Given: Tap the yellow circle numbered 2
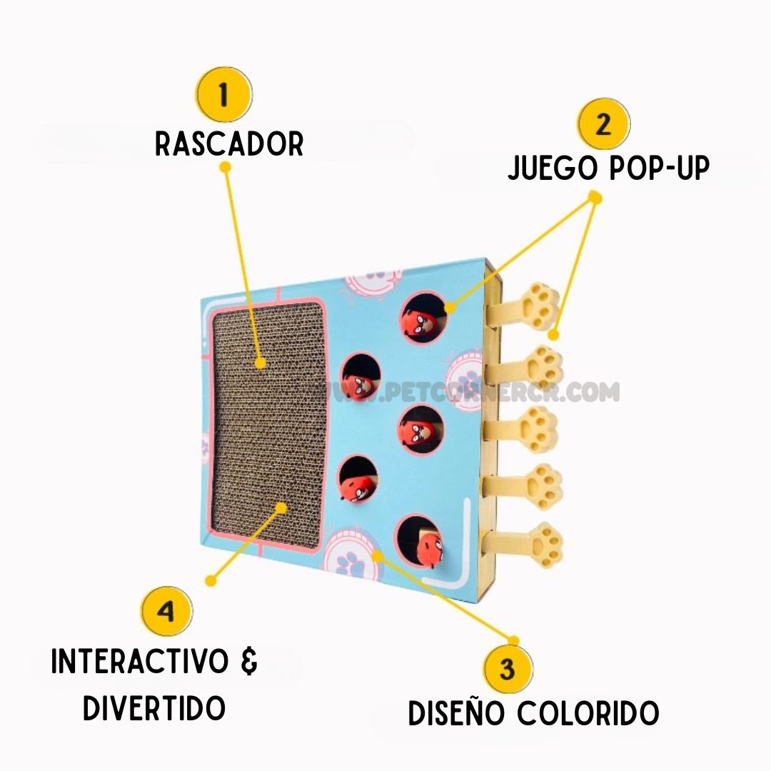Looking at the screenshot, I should coord(603,124).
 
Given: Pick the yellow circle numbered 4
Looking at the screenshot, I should coord(166,612).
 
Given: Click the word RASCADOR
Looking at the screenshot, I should coord(229,144).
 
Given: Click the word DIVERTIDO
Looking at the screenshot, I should coord(154,708).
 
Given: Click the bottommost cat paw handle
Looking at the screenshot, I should coord(541,545).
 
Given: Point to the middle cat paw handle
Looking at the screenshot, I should coord(540,428).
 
